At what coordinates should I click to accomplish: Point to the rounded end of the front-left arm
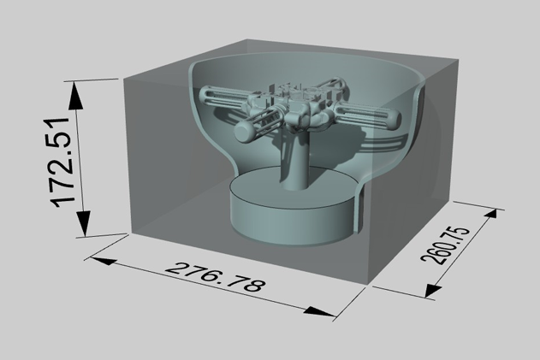(242, 131)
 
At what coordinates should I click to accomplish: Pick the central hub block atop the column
(295, 107)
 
